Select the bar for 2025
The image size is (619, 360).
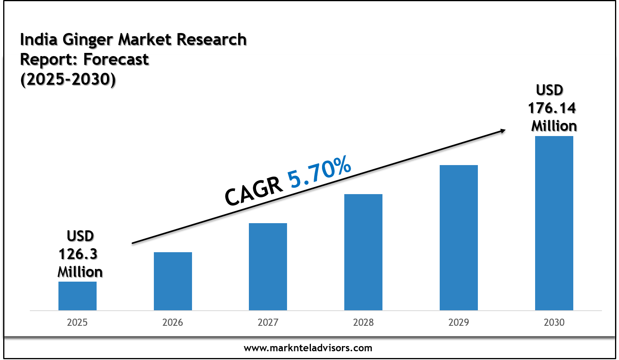pos(78,296)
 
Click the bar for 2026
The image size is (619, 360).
pos(173,281)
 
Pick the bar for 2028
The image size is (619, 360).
pos(363,252)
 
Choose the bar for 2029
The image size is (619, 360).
pos(459,237)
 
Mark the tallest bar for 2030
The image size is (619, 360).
pos(554,223)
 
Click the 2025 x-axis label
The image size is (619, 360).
pos(77,322)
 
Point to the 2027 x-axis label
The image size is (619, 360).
pos(268,322)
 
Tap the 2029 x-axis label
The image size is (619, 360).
pos(459,322)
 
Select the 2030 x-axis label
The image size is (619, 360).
pos(554,322)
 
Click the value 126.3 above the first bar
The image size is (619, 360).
pos(78,254)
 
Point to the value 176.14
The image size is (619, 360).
pos(552,108)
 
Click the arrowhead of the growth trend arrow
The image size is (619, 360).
pos(503,130)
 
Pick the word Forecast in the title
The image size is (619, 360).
pos(116,60)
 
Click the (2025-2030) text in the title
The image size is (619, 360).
pos(68,80)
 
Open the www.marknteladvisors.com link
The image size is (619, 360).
pos(308,348)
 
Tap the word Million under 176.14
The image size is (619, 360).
pos(554,126)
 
